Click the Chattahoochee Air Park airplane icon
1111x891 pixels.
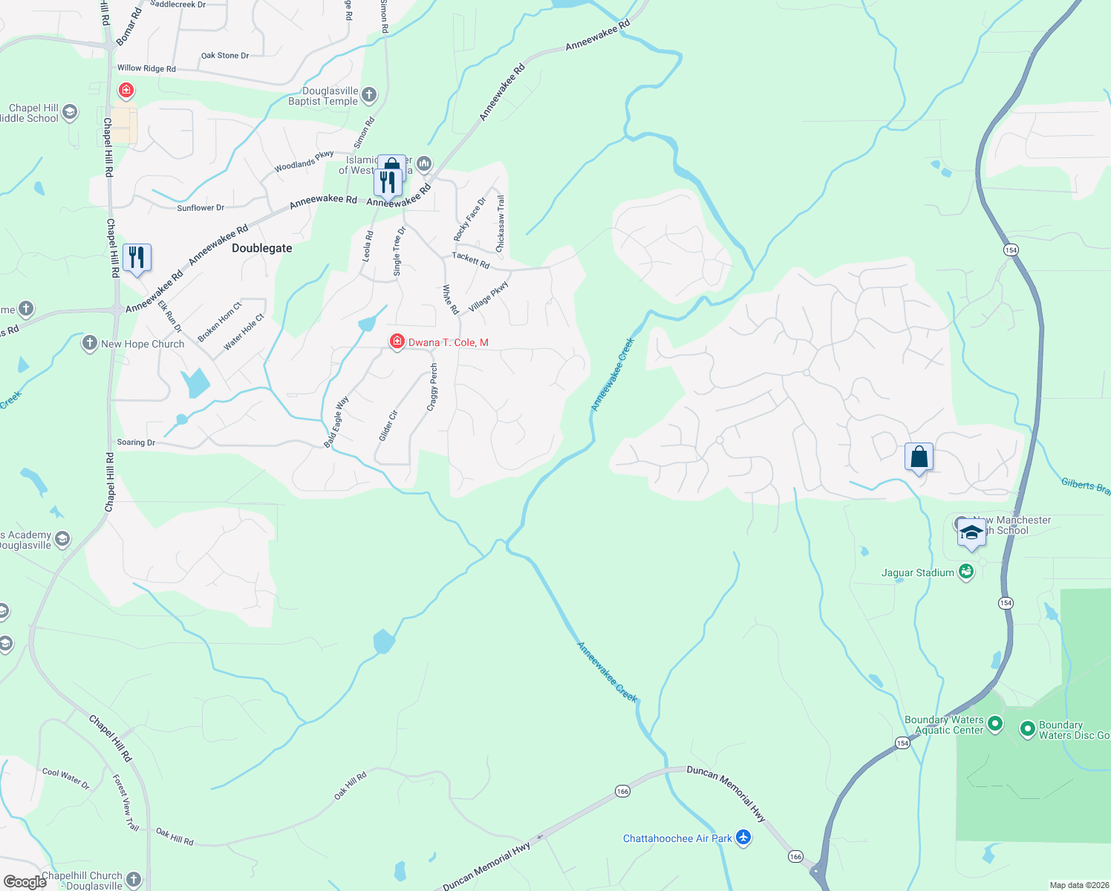743,838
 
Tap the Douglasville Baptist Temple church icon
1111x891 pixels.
369,95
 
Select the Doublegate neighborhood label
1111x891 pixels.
261,248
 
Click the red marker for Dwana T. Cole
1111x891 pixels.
397,342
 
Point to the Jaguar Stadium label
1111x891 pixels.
917,572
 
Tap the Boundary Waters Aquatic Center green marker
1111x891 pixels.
995,723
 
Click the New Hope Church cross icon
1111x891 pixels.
90,343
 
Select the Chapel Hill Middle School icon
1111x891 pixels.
70,113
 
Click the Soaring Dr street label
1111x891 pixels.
136,443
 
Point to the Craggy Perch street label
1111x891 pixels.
432,387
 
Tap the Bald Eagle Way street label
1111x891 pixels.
336,422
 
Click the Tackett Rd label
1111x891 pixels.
471,260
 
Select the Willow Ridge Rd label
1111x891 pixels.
146,68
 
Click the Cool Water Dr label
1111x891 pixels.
65,778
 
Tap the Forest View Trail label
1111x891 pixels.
126,802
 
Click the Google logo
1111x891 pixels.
25,882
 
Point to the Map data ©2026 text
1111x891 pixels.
1079,885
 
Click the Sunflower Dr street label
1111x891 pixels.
201,208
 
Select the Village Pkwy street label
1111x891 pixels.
489,295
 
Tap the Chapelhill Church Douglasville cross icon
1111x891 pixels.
134,880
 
